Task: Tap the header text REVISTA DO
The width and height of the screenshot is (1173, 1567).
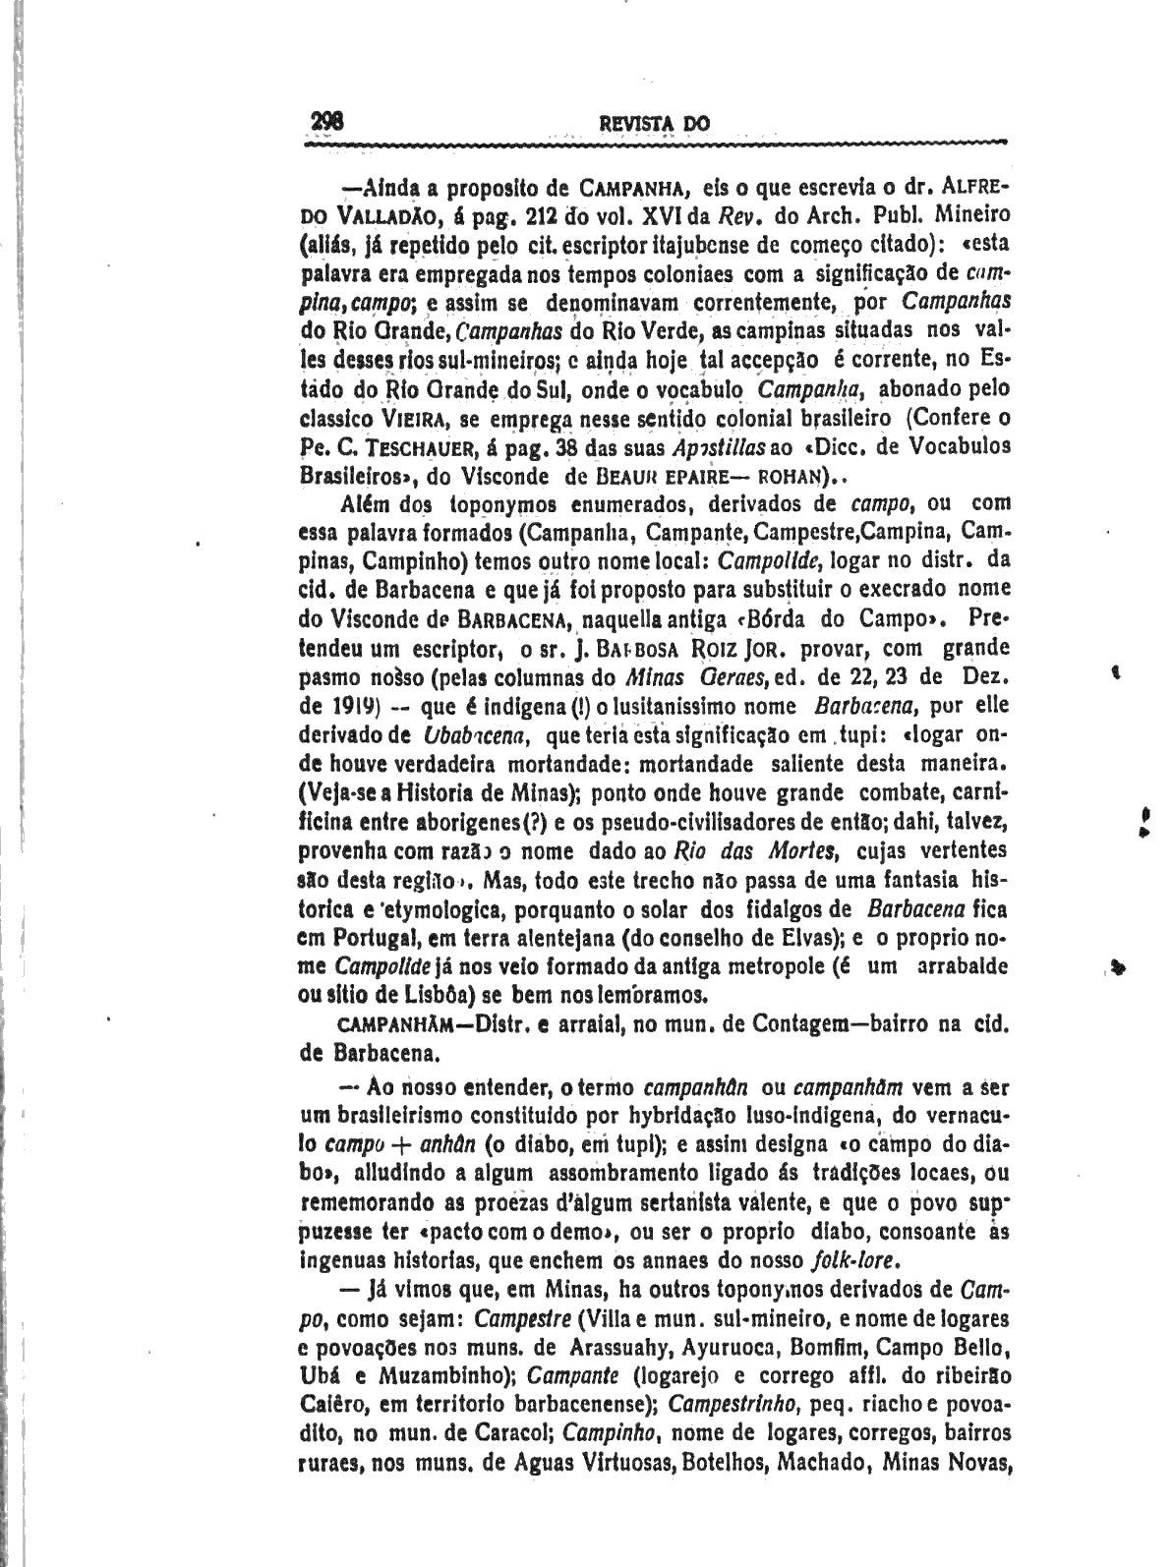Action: tap(654, 125)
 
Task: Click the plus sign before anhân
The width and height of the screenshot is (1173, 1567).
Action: tap(400, 1145)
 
